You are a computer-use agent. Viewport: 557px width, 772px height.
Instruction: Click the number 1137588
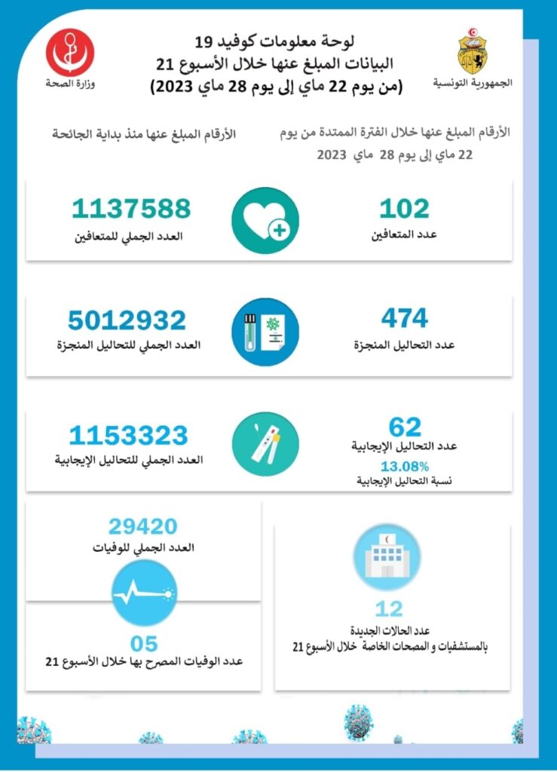[x=132, y=209]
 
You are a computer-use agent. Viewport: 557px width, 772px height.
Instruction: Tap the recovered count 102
[x=404, y=209]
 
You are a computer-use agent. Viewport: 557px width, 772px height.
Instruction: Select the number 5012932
[x=127, y=321]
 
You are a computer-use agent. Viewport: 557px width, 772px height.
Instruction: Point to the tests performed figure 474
[x=404, y=319]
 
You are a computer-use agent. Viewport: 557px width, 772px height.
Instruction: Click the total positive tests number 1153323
[x=128, y=436]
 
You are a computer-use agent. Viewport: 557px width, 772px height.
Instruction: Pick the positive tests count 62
[x=405, y=427]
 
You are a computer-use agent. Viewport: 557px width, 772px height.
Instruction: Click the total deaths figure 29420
[x=142, y=526]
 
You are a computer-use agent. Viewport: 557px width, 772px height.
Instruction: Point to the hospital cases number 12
[x=388, y=608]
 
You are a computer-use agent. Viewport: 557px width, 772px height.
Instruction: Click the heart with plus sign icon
[x=265, y=219]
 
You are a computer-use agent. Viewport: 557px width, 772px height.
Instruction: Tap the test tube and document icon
[x=265, y=332]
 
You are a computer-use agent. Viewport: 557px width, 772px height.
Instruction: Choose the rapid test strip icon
[x=265, y=444]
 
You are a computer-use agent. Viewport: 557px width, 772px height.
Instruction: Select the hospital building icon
[x=387, y=557]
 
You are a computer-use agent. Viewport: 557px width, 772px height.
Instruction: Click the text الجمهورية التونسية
[x=473, y=82]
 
